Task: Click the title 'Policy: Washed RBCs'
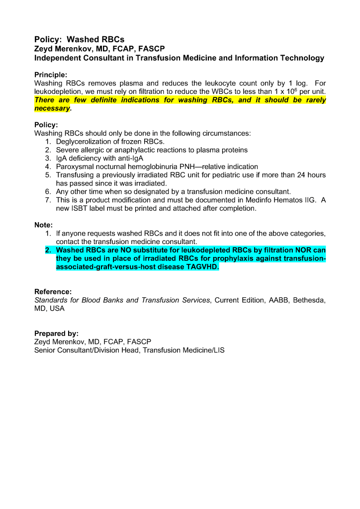pyautogui.click(x=79, y=39)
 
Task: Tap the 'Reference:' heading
pyautogui.click(x=53, y=291)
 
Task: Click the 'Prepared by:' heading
pyautogui.click(x=56, y=334)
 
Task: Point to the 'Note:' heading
pyautogui.click(x=43, y=225)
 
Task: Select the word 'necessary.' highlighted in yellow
pyautogui.click(x=53, y=108)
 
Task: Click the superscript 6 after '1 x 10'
pyautogui.click(x=296, y=89)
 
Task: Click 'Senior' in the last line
pyautogui.click(x=46, y=350)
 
